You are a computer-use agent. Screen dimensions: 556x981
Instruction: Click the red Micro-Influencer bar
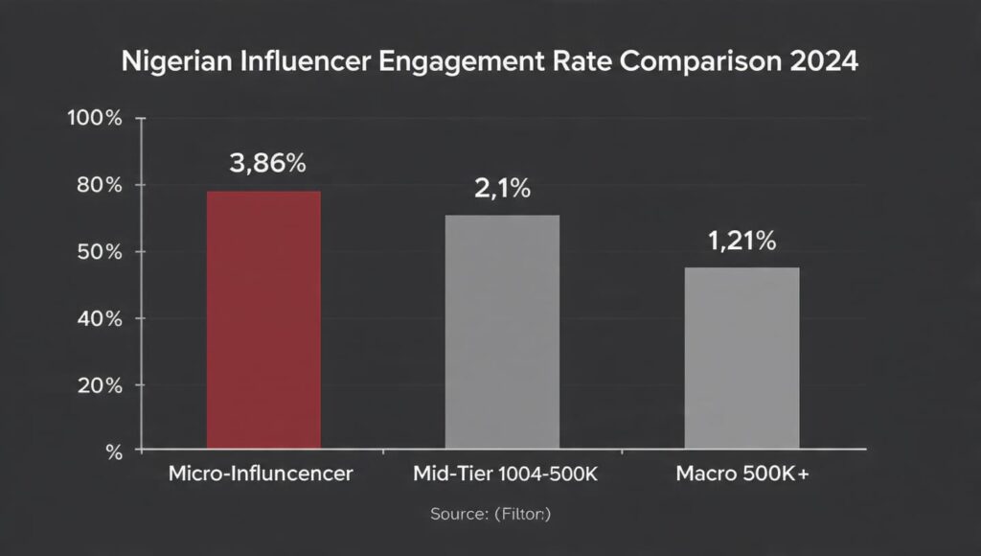(264, 320)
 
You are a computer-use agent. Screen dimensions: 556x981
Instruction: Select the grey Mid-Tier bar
(503, 332)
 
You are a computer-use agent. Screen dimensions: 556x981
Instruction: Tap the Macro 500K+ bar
(741, 358)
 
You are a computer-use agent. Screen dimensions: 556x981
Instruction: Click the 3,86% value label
(267, 164)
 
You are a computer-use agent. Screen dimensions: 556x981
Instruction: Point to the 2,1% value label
(503, 189)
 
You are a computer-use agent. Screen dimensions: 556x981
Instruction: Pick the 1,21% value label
(742, 243)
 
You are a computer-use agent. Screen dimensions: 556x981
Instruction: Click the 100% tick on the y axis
(95, 119)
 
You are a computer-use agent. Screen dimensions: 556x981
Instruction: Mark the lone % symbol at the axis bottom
(114, 451)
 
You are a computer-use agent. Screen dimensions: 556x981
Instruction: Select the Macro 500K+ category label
(742, 474)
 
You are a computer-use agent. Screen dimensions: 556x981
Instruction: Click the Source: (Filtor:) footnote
(490, 515)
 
